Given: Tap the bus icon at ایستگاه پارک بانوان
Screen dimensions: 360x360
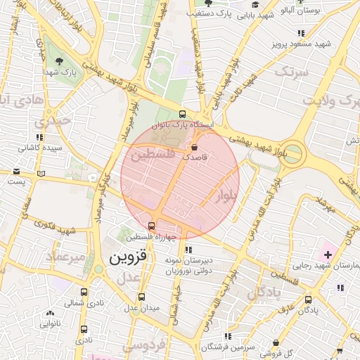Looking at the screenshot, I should pyautogui.click(x=183, y=114).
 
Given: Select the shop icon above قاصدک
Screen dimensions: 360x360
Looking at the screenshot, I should pyautogui.click(x=194, y=147).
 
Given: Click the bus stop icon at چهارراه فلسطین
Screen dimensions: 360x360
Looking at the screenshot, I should pyautogui.click(x=152, y=226).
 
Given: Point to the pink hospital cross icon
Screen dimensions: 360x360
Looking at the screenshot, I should pyautogui.click(x=328, y=253).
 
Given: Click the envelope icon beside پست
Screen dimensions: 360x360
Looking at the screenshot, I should pyautogui.click(x=41, y=174).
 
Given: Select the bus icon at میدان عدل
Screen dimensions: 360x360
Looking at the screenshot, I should pyautogui.click(x=142, y=297).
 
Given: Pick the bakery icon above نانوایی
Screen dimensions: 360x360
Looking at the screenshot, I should pyautogui.click(x=49, y=314).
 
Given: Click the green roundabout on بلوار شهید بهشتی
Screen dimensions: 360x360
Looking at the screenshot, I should pyautogui.click(x=293, y=153).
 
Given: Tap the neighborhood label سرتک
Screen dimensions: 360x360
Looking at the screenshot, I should pyautogui.click(x=291, y=72).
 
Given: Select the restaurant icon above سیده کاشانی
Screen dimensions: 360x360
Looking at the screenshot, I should pyautogui.click(x=39, y=137).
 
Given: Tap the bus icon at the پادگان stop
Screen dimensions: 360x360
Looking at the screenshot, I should pyautogui.click(x=308, y=299).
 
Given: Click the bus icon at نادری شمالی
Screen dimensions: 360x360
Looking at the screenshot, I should pyautogui.click(x=84, y=292).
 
